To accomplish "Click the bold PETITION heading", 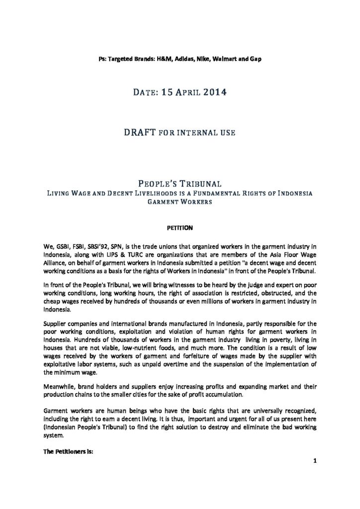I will pyautogui.click(x=180, y=228).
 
